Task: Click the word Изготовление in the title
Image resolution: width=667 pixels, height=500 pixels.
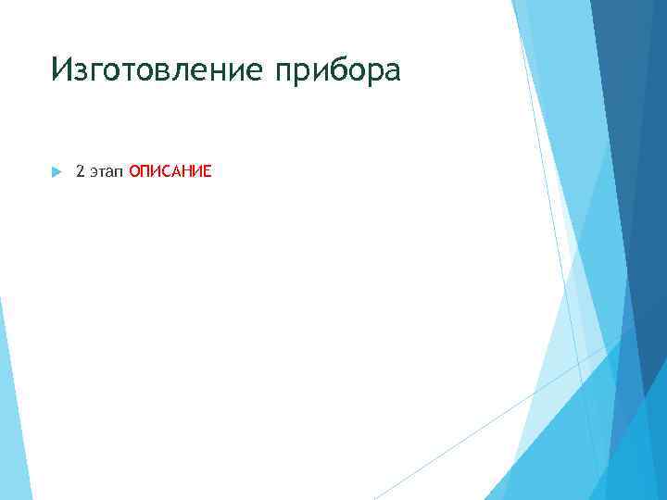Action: [x=157, y=69]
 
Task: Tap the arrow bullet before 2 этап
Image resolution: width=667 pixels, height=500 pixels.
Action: [x=56, y=172]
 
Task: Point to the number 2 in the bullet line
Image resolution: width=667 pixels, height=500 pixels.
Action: [x=80, y=171]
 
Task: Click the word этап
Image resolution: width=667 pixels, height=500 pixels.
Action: [x=107, y=172]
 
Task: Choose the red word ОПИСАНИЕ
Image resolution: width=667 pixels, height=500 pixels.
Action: [x=170, y=171]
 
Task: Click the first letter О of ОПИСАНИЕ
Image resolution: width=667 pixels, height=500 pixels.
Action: [x=134, y=171]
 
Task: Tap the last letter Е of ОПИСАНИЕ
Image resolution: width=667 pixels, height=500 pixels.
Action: [x=208, y=171]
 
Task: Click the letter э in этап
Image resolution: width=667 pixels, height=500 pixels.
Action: [x=93, y=172]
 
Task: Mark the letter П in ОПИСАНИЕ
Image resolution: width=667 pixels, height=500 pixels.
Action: [x=145, y=171]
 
